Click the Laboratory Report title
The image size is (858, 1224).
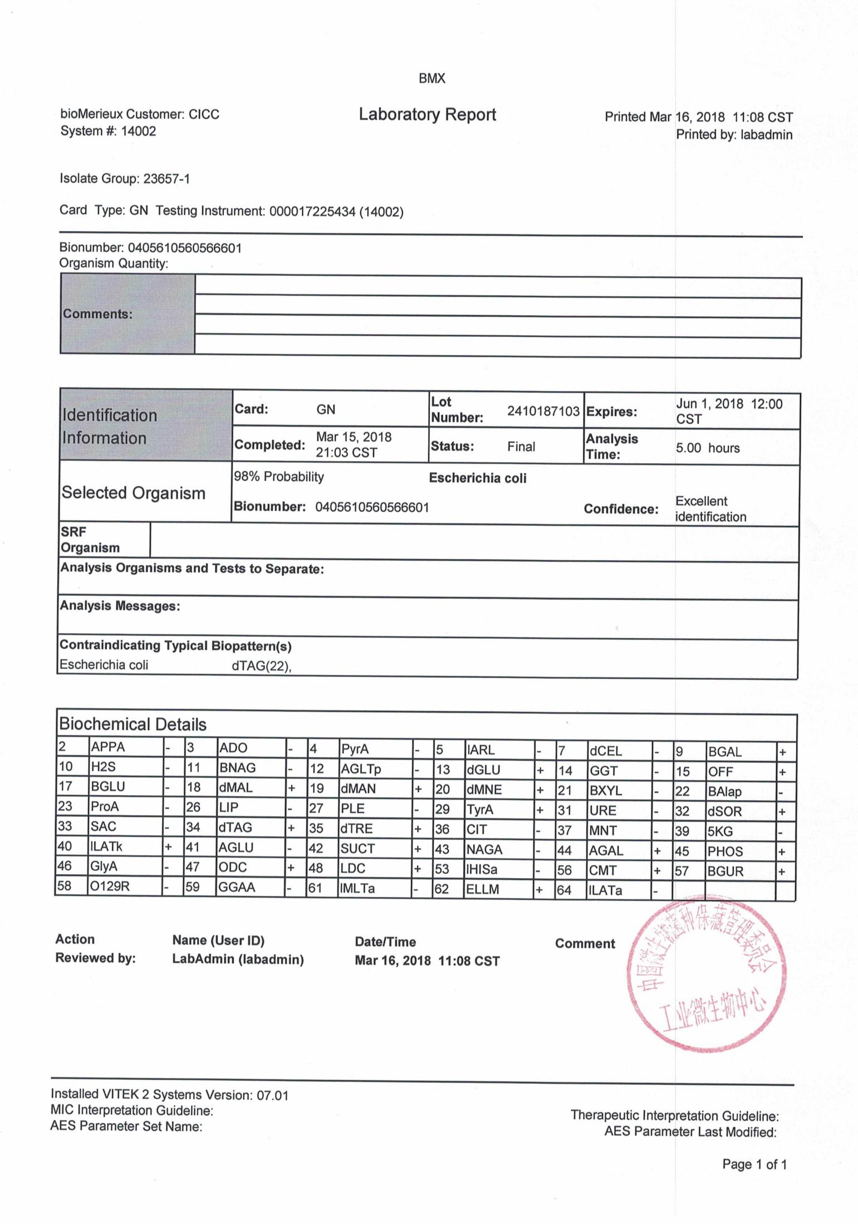pyautogui.click(x=427, y=115)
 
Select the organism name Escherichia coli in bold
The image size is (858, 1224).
pyautogui.click(x=477, y=478)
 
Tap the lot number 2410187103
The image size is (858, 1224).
pyautogui.click(x=543, y=411)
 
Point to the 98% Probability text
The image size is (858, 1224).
pyautogui.click(x=278, y=477)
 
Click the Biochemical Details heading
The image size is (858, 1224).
pyautogui.click(x=133, y=724)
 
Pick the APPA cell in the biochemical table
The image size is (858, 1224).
pyautogui.click(x=108, y=747)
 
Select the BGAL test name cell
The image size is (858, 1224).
pyautogui.click(x=724, y=752)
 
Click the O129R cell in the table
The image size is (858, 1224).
pyautogui.click(x=110, y=885)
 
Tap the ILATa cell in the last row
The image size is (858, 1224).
pyautogui.click(x=605, y=890)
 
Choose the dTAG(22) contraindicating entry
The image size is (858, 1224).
pyautogui.click(x=261, y=666)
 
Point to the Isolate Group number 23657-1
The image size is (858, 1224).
pyautogui.click(x=166, y=179)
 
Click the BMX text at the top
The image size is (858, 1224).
pyautogui.click(x=432, y=79)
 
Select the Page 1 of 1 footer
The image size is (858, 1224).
pyautogui.click(x=754, y=1164)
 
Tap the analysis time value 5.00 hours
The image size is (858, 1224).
pyautogui.click(x=708, y=448)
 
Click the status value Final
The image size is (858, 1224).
pyautogui.click(x=521, y=447)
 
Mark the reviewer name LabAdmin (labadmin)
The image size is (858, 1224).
pyautogui.click(x=238, y=959)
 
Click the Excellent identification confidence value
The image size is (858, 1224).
pyautogui.click(x=710, y=509)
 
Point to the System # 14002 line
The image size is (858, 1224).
pyautogui.click(x=108, y=131)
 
